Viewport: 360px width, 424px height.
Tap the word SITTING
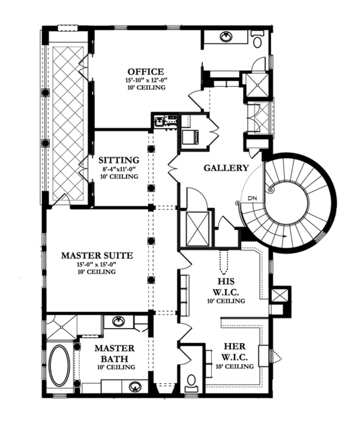120,160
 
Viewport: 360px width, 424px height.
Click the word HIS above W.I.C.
226,279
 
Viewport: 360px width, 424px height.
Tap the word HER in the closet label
232,346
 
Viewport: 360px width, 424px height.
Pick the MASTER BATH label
113,353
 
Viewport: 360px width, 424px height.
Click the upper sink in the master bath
117,321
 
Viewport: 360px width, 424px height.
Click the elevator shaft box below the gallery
197,228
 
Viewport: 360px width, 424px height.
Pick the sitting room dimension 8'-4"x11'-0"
120,169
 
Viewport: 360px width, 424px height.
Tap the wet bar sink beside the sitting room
160,122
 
